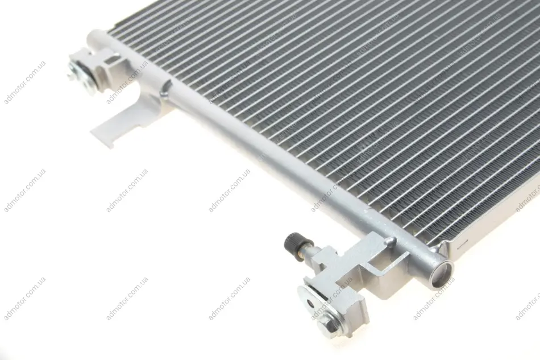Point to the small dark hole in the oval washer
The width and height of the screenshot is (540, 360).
[311, 303]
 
